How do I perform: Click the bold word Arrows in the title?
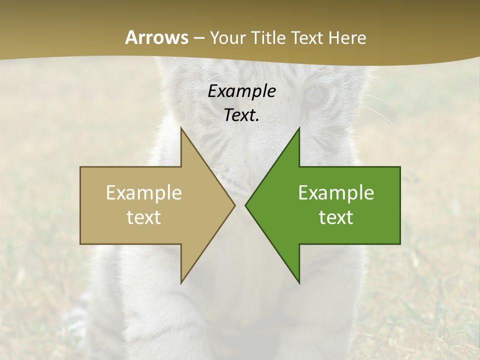click(156, 37)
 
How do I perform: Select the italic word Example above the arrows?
click(241, 91)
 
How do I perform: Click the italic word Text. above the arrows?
click(241, 115)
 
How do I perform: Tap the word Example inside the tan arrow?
click(143, 193)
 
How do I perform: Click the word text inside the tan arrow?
click(143, 217)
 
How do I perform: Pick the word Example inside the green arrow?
click(336, 193)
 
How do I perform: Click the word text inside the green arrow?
click(336, 217)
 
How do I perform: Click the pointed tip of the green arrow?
click(246, 205)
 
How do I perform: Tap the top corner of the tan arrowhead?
click(181, 128)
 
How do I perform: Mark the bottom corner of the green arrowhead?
click(299, 283)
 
